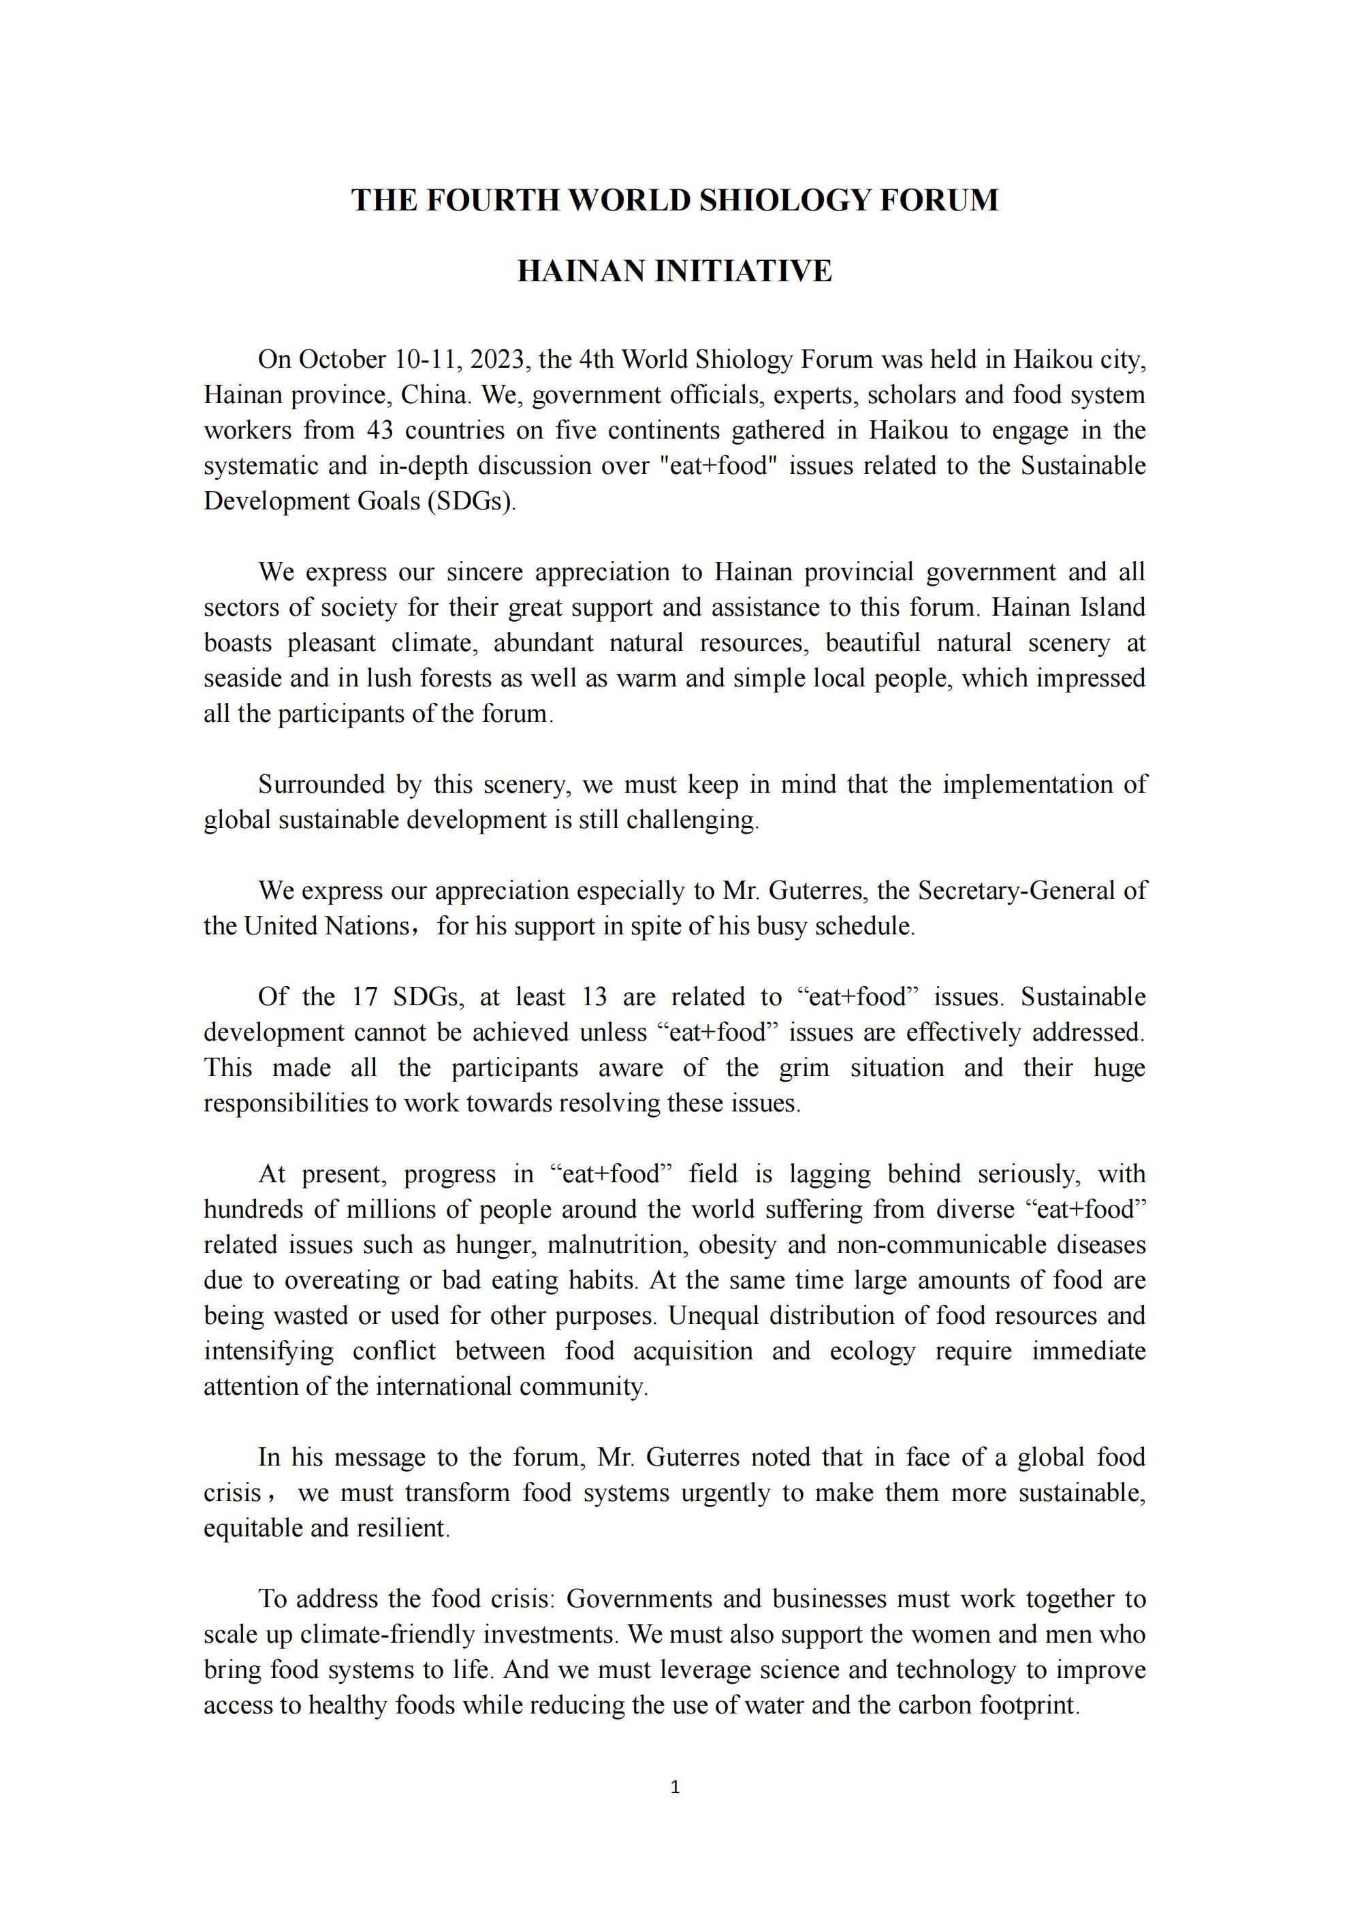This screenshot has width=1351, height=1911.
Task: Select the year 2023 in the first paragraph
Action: tap(497, 360)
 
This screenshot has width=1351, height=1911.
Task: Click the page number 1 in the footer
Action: tap(675, 1787)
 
